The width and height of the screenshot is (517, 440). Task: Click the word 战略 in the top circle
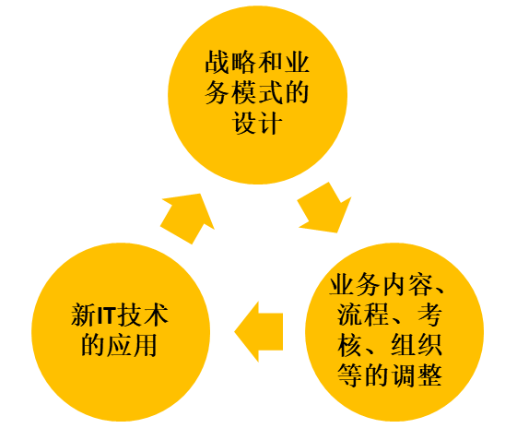point(230,62)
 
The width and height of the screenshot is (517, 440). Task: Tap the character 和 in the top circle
point(270,62)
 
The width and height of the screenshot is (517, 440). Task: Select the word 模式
point(257,93)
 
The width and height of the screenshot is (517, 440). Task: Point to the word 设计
point(257,123)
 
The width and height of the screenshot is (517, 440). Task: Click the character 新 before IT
point(84,315)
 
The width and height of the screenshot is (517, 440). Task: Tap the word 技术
point(143,315)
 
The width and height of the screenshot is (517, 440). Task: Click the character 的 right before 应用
point(94,345)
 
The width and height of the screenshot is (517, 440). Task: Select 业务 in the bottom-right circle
point(355,284)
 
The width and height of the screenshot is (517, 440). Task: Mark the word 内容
point(407,284)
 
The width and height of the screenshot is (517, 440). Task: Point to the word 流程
point(362,315)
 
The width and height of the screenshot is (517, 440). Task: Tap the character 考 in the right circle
point(429,315)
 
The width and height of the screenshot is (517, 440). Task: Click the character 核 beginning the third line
point(349,345)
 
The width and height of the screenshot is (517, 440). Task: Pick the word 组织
point(417,345)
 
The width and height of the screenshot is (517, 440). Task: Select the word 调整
point(417,375)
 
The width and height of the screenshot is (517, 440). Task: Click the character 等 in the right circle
point(349,375)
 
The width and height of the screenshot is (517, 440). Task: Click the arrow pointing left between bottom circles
point(259,332)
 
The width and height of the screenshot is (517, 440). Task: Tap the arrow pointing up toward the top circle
point(187,219)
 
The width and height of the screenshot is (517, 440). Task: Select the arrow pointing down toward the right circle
point(324,208)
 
